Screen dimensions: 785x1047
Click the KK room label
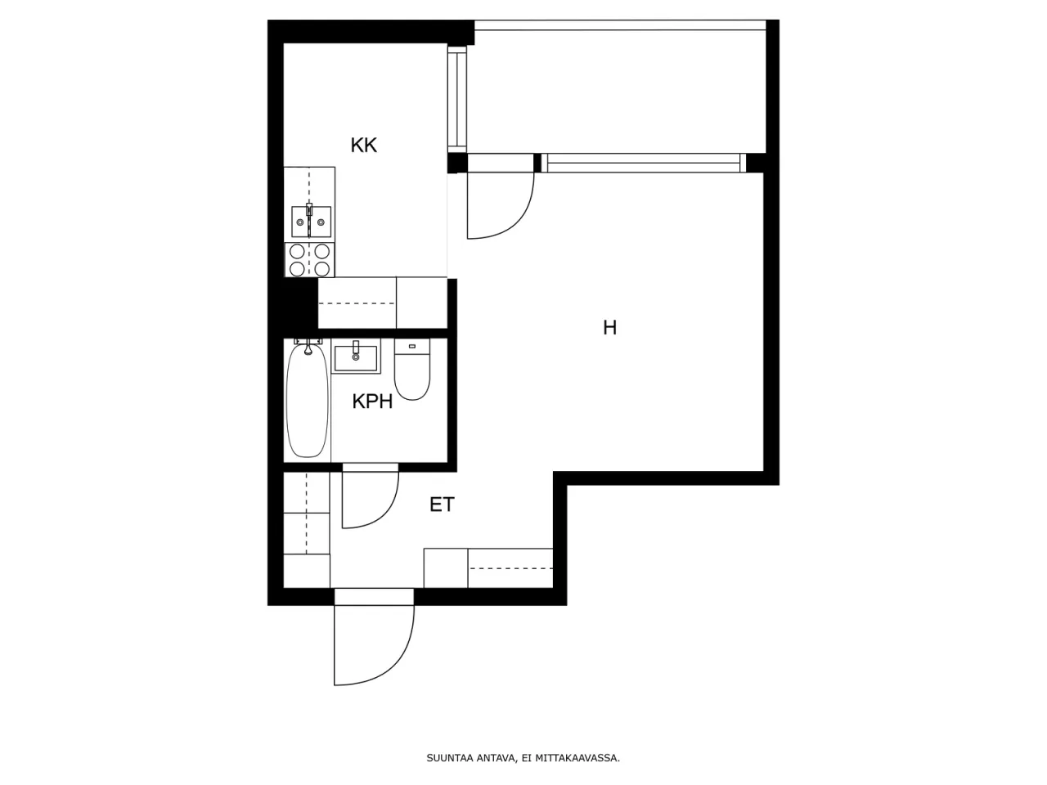(363, 146)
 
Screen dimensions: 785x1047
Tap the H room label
(609, 328)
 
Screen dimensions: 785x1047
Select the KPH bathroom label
(372, 401)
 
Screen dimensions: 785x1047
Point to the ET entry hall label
(442, 505)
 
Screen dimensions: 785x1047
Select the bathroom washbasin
(356, 357)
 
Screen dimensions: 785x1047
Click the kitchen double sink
(311, 221)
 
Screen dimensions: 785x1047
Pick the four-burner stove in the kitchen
(310, 260)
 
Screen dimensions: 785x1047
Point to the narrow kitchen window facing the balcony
(456, 98)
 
